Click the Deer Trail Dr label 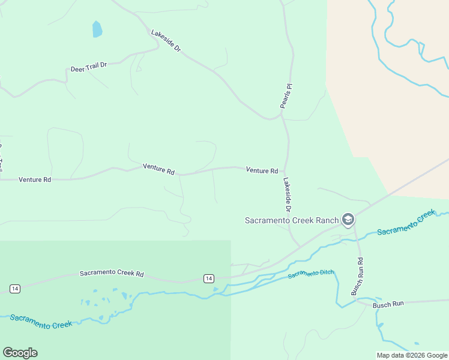88,65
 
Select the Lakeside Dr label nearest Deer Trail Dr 166,41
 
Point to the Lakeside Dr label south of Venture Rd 287,194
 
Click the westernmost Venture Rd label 35,179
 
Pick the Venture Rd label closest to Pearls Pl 262,171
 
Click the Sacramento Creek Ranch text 292,220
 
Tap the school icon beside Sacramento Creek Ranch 348,220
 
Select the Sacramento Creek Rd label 112,274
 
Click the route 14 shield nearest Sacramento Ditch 208,278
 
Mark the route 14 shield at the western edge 15,289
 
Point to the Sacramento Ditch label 310,274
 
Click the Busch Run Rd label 358,276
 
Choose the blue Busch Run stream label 388,305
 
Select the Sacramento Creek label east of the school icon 406,222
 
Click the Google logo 20,353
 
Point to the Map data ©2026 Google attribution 412,355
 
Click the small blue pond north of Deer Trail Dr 97,29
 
